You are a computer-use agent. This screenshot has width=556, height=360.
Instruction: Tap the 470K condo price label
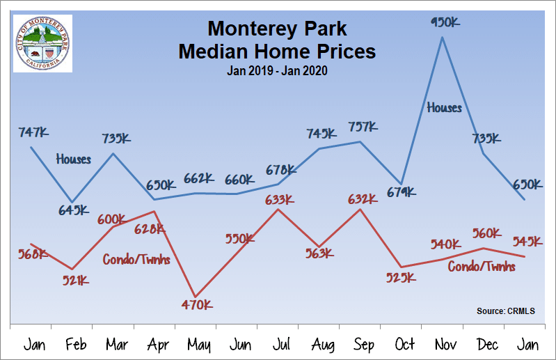[x=198, y=304]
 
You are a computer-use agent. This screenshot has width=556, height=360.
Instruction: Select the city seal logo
[x=43, y=43]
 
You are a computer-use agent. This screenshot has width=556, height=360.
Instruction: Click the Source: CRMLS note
[x=507, y=311]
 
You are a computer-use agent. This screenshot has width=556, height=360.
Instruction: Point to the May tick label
[x=199, y=344]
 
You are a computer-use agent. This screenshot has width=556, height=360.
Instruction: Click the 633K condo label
[x=279, y=201]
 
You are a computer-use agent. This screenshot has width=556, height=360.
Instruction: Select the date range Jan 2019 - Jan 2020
[x=277, y=70]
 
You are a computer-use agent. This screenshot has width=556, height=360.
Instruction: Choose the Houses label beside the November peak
[x=444, y=108]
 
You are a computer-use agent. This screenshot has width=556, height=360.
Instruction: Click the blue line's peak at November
[x=443, y=37]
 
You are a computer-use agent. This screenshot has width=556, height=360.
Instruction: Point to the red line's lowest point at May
[x=196, y=297]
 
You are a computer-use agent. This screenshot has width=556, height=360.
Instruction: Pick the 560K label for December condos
[x=486, y=233]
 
